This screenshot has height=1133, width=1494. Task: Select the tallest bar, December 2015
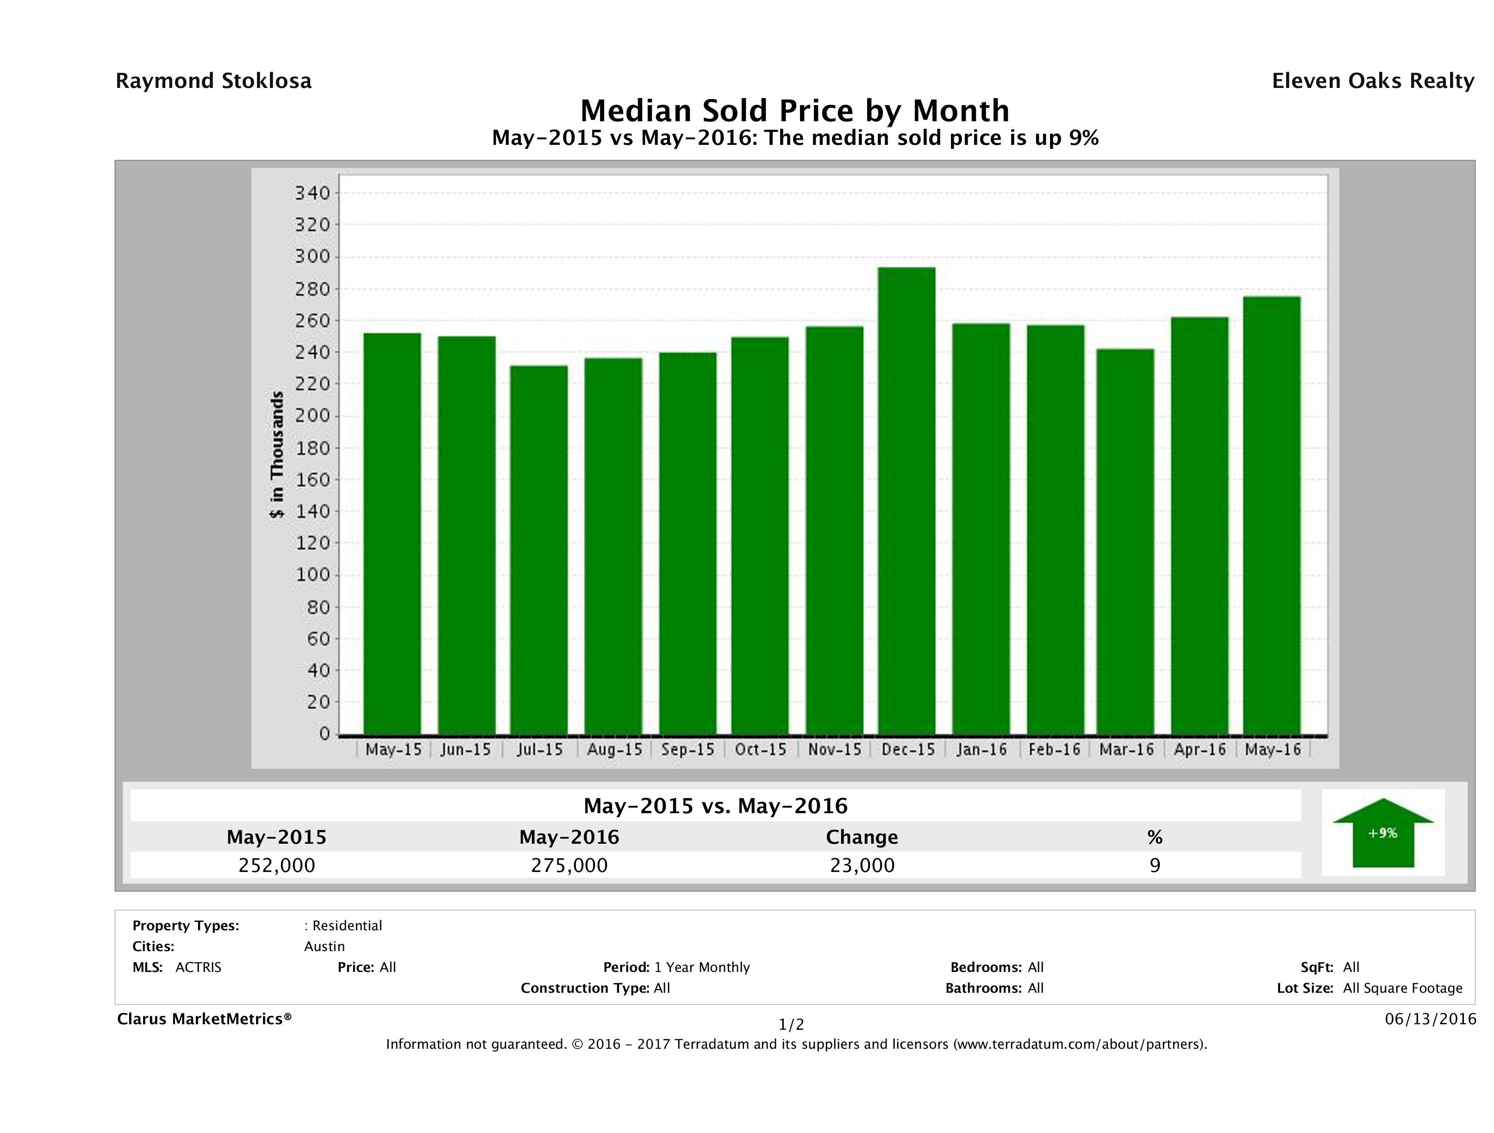[906, 500]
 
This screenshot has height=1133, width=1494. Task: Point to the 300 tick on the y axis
[312, 256]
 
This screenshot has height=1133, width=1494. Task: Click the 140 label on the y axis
[312, 511]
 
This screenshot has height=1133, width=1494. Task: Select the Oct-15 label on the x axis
[761, 749]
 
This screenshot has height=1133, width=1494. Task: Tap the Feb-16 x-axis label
[1054, 749]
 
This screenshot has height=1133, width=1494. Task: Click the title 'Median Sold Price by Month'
[794, 110]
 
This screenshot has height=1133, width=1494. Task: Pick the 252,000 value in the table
[276, 865]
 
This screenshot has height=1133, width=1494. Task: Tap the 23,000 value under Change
[862, 865]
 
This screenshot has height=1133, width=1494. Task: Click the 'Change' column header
[862, 837]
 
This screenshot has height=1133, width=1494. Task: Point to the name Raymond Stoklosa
[213, 81]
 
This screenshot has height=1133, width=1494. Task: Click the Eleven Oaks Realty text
[1372, 81]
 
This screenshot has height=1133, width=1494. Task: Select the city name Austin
[324, 946]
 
